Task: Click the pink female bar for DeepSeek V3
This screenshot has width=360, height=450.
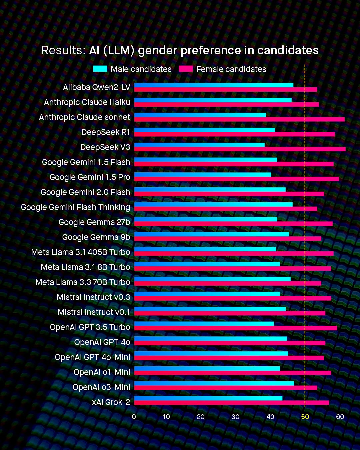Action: [x=240, y=149]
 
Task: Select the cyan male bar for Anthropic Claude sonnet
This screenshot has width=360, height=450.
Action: [x=200, y=115]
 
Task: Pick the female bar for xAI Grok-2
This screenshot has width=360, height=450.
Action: [x=231, y=403]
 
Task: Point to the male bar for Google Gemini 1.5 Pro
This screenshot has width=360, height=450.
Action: [x=203, y=175]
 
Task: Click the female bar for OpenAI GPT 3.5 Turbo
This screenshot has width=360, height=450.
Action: [x=235, y=328]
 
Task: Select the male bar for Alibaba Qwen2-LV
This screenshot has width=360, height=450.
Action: [x=214, y=85]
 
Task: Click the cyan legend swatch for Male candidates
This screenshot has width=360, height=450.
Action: [x=100, y=69]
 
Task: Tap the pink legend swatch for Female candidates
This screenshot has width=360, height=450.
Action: [x=186, y=69]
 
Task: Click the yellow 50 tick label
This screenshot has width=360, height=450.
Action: [x=305, y=417]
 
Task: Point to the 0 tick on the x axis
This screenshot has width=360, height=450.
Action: [x=134, y=417]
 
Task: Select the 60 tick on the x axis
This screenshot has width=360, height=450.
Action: [x=340, y=417]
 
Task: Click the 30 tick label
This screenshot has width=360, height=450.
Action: [x=235, y=417]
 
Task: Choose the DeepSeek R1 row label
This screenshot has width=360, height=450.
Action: [x=106, y=132]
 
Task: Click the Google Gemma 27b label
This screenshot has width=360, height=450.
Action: [x=94, y=222]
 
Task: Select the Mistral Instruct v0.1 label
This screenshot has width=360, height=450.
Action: [x=94, y=312]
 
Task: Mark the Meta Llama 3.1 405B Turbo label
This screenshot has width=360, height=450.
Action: [x=81, y=252]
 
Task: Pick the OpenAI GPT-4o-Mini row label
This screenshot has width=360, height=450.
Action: [x=92, y=357]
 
